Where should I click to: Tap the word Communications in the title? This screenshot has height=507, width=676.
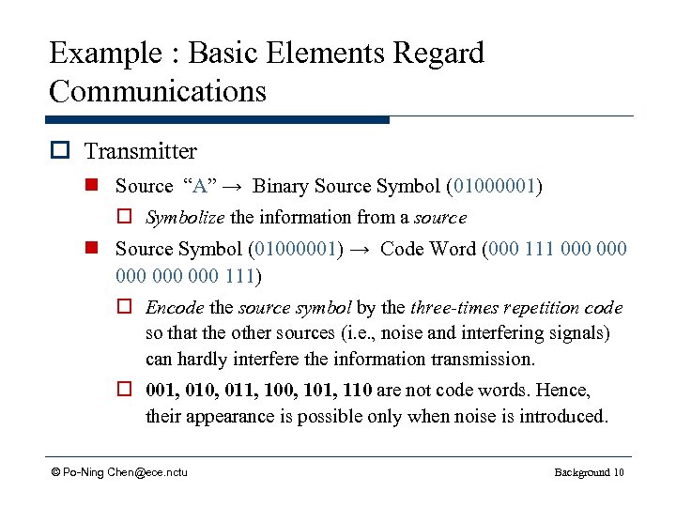coord(158,92)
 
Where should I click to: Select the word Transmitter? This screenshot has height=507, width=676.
coord(141,151)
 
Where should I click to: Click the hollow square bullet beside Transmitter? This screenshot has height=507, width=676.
coord(63,152)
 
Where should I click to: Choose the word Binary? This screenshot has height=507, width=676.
coord(282,187)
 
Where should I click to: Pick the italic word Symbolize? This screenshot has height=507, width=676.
coord(185,218)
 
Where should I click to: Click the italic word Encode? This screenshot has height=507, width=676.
coord(175,308)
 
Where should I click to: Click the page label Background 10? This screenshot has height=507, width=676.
coord(589,471)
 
